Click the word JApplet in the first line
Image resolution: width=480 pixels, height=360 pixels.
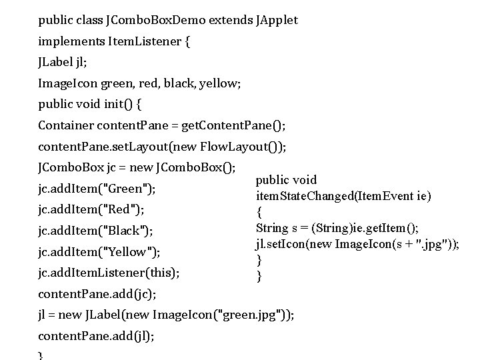277,20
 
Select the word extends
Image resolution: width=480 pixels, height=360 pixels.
231,20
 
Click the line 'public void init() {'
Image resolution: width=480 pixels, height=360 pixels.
90,105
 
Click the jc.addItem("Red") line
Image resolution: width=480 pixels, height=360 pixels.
91,209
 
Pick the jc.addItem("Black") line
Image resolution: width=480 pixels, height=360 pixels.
95,231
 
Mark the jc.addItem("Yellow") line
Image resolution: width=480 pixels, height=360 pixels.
99,252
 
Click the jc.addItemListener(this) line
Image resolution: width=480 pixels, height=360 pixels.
109,273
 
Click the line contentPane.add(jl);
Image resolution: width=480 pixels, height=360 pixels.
96,336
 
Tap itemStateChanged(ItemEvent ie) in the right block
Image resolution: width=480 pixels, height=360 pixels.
343,197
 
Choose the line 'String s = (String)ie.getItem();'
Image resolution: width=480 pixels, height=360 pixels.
337,229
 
